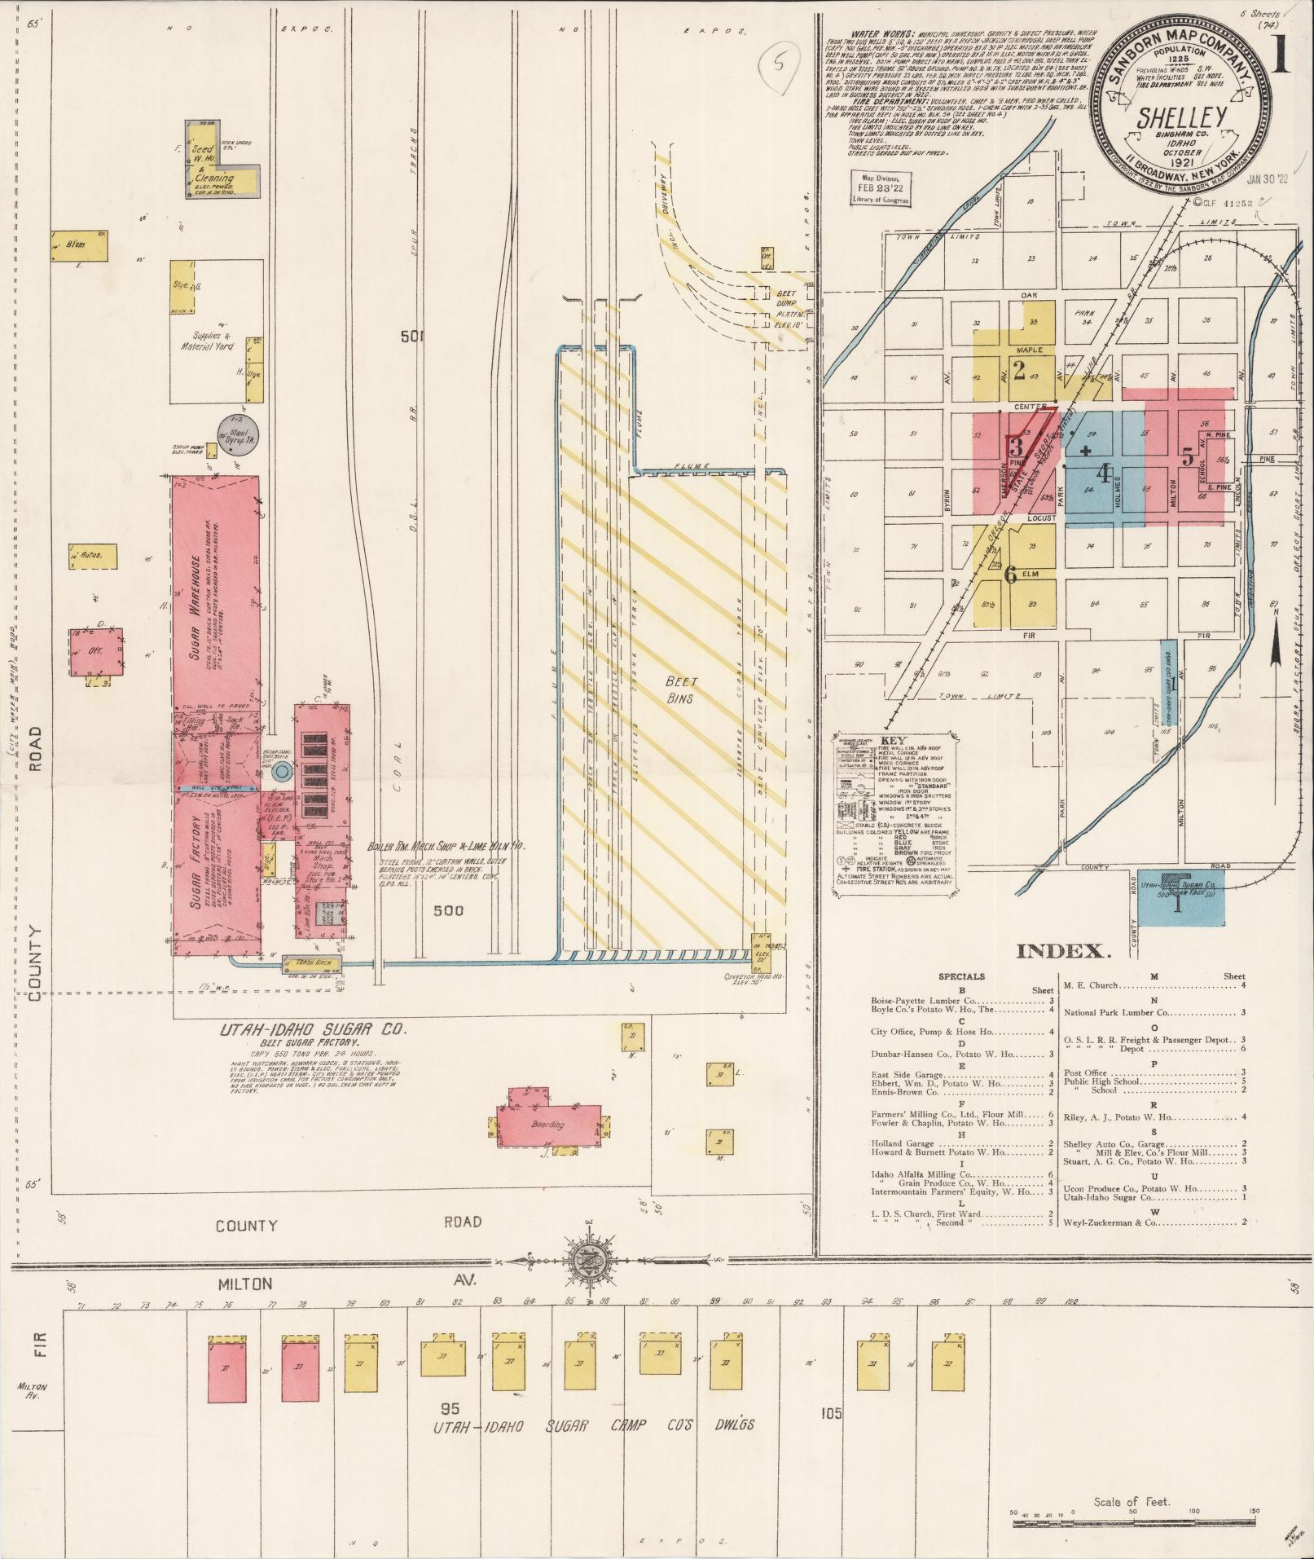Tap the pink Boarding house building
tap(547, 1125)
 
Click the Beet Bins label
tap(677, 689)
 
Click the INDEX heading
tap(1064, 950)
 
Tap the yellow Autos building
tap(92, 557)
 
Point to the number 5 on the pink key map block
tap(1188, 459)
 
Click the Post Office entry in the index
tap(1083, 1072)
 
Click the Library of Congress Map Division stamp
tap(880, 187)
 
